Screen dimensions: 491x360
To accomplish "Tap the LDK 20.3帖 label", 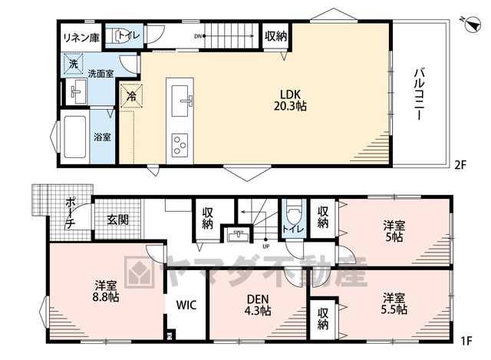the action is [290, 101].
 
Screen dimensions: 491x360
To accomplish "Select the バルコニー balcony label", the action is [420, 95].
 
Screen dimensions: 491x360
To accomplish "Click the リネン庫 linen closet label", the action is [81, 38].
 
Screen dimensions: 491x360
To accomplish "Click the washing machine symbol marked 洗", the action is [74, 64].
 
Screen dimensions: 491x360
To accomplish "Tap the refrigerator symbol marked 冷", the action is [132, 95].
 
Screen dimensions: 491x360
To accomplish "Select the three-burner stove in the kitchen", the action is [180, 145].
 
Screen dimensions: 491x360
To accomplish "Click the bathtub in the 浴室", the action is [75, 137].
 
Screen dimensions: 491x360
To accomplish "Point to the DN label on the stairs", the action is [198, 36].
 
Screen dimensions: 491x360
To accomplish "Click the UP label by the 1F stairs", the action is [266, 246].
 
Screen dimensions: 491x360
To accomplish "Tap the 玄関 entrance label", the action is [117, 220].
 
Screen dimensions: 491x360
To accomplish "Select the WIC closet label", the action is [186, 305].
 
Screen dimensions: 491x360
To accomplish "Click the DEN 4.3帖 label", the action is [258, 305].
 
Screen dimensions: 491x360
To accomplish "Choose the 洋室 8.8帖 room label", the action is [106, 292].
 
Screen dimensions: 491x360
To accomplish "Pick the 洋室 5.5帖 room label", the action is [394, 303].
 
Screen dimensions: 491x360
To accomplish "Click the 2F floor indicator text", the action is [460, 165].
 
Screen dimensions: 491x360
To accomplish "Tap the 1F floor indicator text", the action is [466, 341].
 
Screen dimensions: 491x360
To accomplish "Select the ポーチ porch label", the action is [70, 213].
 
